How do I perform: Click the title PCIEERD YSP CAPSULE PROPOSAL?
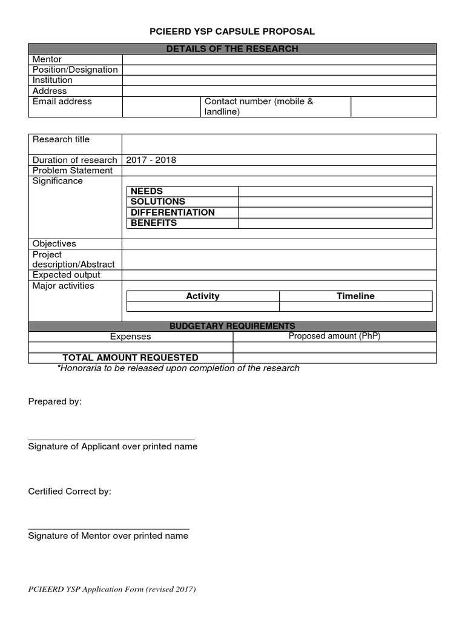pyautogui.click(x=232, y=31)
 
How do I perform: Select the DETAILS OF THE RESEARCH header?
pyautogui.click(x=232, y=48)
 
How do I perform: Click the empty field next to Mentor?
pyautogui.click(x=279, y=59)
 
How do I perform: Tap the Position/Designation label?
pyautogui.click(x=75, y=70)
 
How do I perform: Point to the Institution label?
pyautogui.click(x=53, y=80)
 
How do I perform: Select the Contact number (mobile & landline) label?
pyautogui.click(x=259, y=107)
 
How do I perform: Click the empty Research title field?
pyautogui.click(x=279, y=144)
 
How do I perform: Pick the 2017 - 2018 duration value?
pyautogui.click(x=151, y=160)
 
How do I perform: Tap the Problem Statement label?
pyautogui.click(x=73, y=170)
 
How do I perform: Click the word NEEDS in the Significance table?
pyautogui.click(x=147, y=191)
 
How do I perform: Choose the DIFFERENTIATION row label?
pyautogui.click(x=173, y=213)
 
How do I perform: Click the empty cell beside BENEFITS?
pyautogui.click(x=335, y=223)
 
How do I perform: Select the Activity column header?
pyautogui.click(x=203, y=296)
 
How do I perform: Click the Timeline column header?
pyautogui.click(x=355, y=296)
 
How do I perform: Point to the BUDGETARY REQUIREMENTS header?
pyautogui.click(x=232, y=326)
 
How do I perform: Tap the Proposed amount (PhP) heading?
pyautogui.click(x=334, y=336)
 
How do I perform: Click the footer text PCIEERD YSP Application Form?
pyautogui.click(x=112, y=589)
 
